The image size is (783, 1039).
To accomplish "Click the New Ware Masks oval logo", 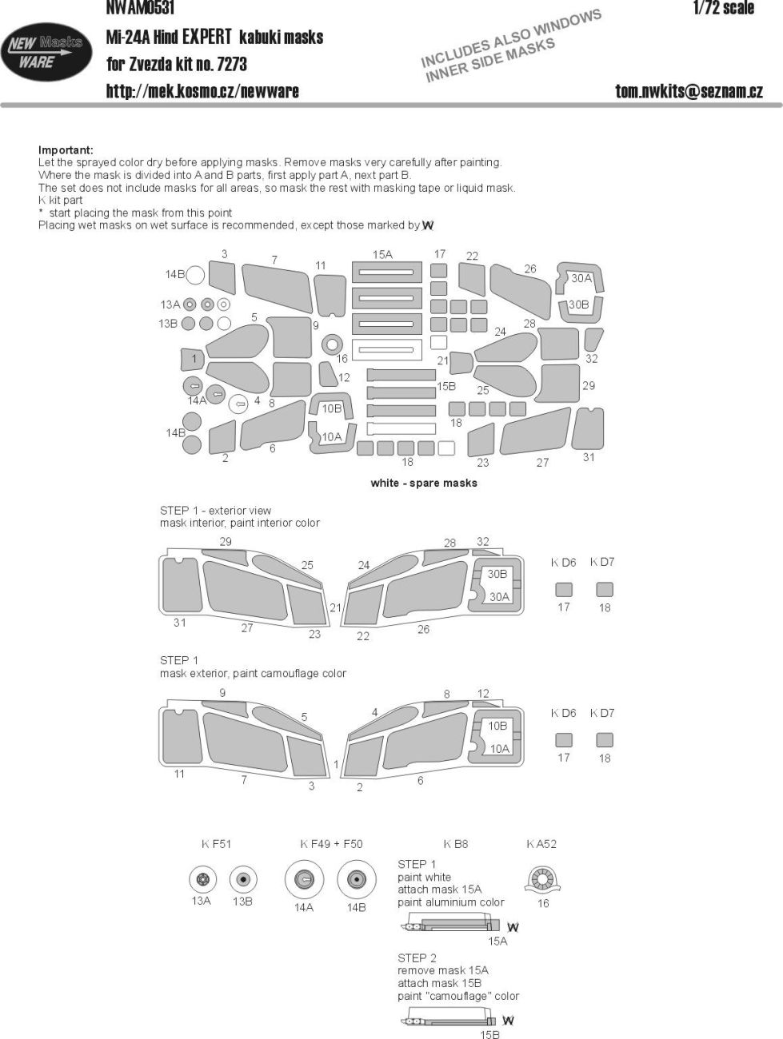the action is tap(46, 52).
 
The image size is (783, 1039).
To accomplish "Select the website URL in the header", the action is tap(202, 91).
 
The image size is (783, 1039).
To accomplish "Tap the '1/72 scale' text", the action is tap(724, 7).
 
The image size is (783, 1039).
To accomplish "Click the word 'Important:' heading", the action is tap(66, 150).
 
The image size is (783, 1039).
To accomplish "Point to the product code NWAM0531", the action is tap(140, 6).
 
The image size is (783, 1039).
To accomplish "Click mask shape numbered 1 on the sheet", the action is tap(193, 360).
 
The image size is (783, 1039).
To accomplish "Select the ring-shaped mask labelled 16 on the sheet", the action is tap(332, 344).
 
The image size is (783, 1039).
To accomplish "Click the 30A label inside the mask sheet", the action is tap(581, 278).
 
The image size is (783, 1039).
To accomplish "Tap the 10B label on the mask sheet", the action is tap(332, 408).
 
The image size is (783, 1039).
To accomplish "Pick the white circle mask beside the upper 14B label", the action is tap(195, 275).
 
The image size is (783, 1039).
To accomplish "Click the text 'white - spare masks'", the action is tap(424, 483).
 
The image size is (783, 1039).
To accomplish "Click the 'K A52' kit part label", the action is tap(541, 844).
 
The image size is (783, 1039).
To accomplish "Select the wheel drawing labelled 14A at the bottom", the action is tap(304, 880).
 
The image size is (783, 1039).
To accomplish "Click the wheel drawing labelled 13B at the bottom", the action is tap(243, 879).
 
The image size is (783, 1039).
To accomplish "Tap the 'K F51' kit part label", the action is tap(217, 844).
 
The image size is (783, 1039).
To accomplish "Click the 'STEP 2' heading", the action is tap(417, 958).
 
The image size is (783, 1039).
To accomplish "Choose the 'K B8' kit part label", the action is tap(456, 844).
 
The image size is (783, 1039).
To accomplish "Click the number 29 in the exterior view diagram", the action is tap(226, 542).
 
